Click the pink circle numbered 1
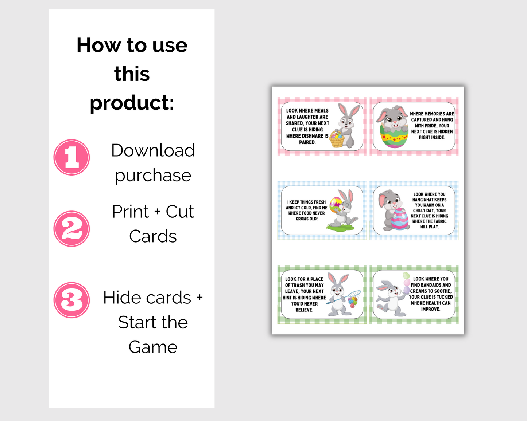71,157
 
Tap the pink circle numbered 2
71,229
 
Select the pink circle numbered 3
71,300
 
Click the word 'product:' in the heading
132,103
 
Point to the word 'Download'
153,150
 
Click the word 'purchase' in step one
153,176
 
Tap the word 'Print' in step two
130,212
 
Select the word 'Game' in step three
153,347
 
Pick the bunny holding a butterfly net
339,294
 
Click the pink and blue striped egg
400,219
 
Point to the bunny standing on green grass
343,211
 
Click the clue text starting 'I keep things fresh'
306,210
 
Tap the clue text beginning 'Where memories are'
432,126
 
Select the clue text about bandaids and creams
431,294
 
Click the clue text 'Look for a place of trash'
304,294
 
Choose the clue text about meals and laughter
307,126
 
